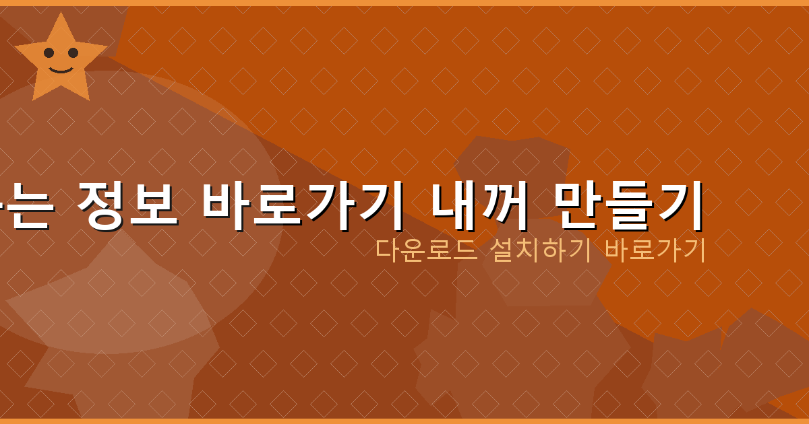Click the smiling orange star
(61, 61)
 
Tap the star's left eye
(49, 52)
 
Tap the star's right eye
(73, 52)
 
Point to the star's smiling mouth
(61, 69)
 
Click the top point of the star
(61, 16)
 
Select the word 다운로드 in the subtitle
(426, 250)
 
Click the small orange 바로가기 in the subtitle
(655, 250)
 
